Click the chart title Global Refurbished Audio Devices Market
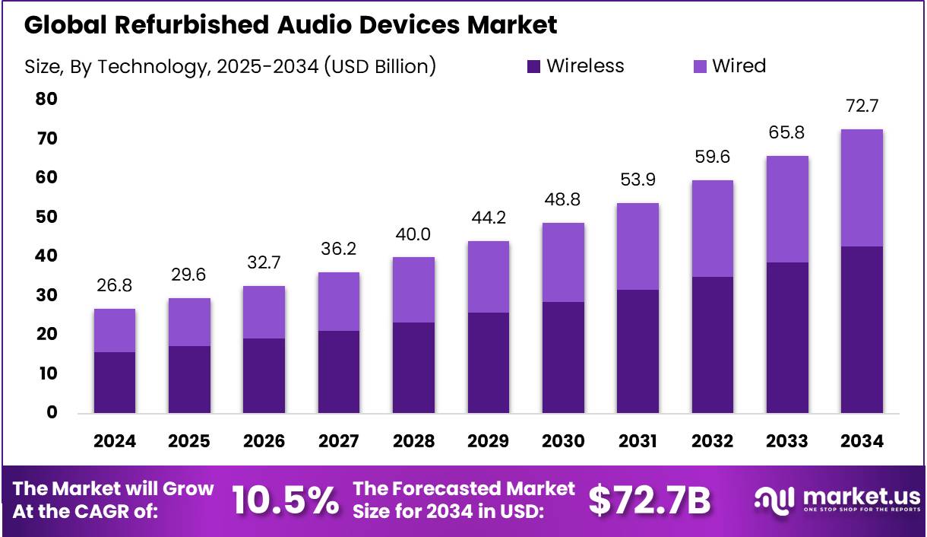[x=290, y=24]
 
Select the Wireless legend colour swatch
[x=534, y=67]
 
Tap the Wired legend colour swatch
[x=700, y=67]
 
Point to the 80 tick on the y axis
[x=46, y=99]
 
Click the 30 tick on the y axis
[x=46, y=295]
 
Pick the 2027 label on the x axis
[x=339, y=442]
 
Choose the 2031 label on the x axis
[x=638, y=442]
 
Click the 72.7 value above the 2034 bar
[x=862, y=106]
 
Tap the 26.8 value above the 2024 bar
[x=115, y=285]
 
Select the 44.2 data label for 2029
[x=488, y=218]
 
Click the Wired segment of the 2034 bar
[x=862, y=187]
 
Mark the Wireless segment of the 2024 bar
[x=115, y=382]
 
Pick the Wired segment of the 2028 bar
[x=413, y=289]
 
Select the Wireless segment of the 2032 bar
[x=712, y=345]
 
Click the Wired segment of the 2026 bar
[x=264, y=312]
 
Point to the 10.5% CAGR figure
[x=284, y=500]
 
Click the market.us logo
[x=837, y=500]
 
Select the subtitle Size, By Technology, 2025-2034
[x=230, y=67]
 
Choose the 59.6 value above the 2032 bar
[x=712, y=157]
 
